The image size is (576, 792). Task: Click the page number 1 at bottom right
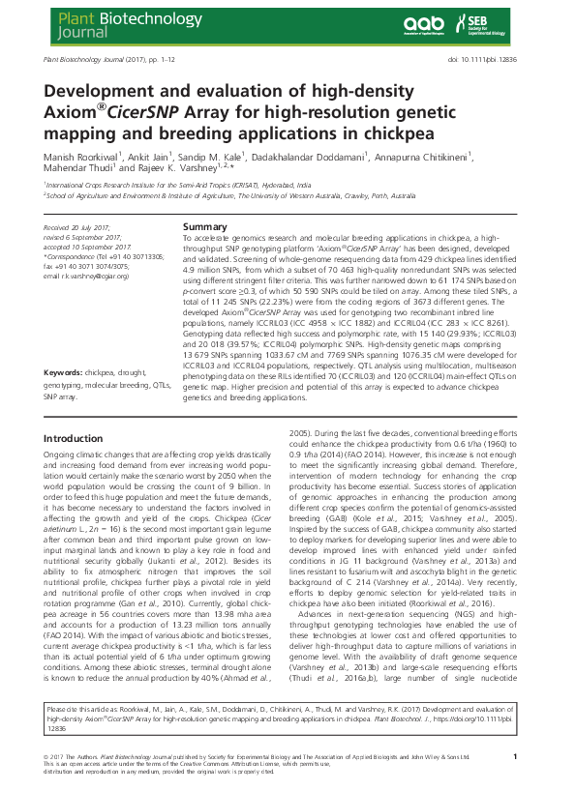515,757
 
